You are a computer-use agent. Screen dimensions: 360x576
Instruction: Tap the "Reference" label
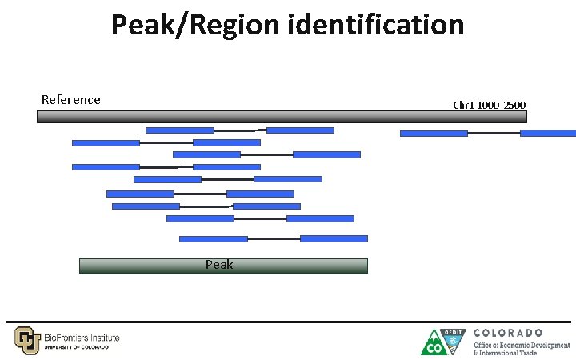tap(71, 100)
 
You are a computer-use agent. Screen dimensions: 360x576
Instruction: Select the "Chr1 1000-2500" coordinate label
tap(490, 105)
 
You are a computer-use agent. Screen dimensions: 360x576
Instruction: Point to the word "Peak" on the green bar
tap(219, 264)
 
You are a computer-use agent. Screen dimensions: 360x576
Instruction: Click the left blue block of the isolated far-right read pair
tap(434, 134)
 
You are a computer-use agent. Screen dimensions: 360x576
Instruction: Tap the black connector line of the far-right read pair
tap(494, 134)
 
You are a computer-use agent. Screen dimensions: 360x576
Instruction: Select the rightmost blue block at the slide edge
tap(547, 134)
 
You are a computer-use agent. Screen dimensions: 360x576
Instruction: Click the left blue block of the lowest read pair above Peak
tap(213, 238)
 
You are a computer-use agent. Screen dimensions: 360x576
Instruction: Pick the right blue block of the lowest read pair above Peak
tap(334, 238)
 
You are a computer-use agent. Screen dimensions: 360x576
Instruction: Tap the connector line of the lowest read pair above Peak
tap(274, 238)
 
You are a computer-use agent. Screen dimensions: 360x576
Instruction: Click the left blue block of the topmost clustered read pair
tap(179, 130)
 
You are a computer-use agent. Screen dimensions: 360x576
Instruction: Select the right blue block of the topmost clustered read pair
tap(300, 130)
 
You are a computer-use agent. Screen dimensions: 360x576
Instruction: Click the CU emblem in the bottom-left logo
tap(26, 340)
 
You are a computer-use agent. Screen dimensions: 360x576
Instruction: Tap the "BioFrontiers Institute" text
tap(82, 338)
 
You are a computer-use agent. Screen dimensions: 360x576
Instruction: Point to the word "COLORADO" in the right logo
tap(508, 332)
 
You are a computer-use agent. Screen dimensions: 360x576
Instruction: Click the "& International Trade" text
tap(505, 353)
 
